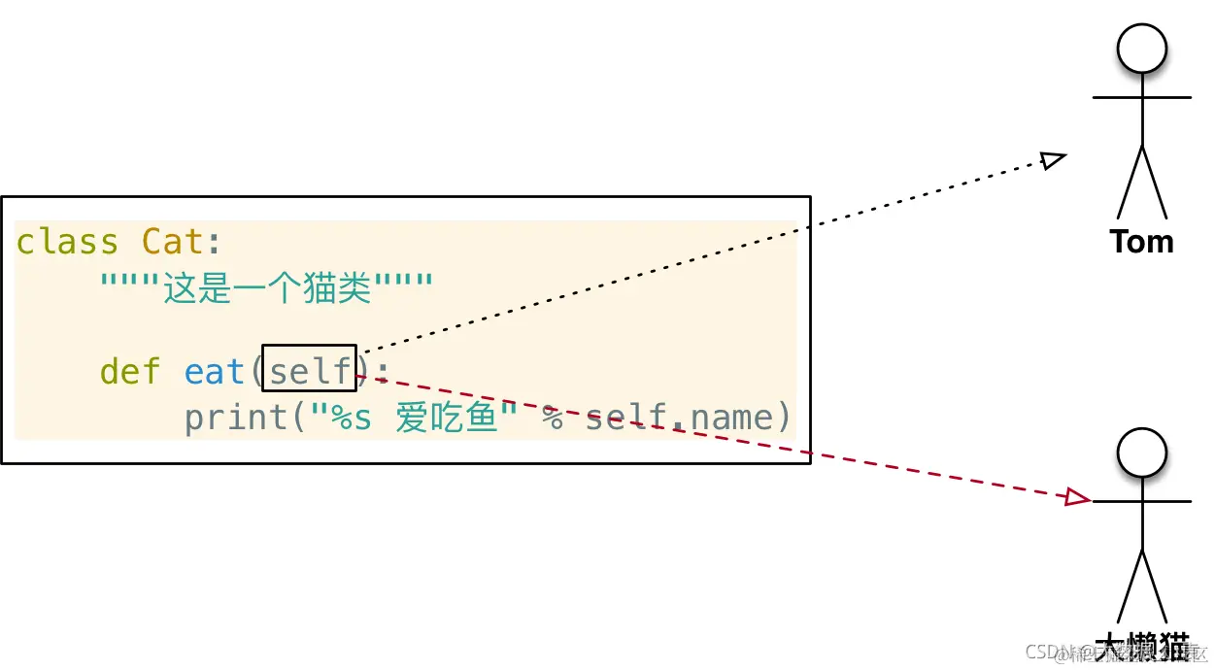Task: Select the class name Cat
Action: click(x=173, y=242)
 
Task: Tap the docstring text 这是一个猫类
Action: click(x=267, y=287)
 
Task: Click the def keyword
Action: click(x=130, y=371)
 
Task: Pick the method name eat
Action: click(x=214, y=371)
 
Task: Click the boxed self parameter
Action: click(x=310, y=369)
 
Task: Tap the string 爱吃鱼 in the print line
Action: click(x=447, y=417)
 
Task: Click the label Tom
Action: click(x=1141, y=241)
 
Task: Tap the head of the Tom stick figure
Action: click(x=1141, y=49)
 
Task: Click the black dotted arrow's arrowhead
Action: click(x=1054, y=159)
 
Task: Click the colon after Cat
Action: click(x=215, y=242)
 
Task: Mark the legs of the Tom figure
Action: click(x=1141, y=185)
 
